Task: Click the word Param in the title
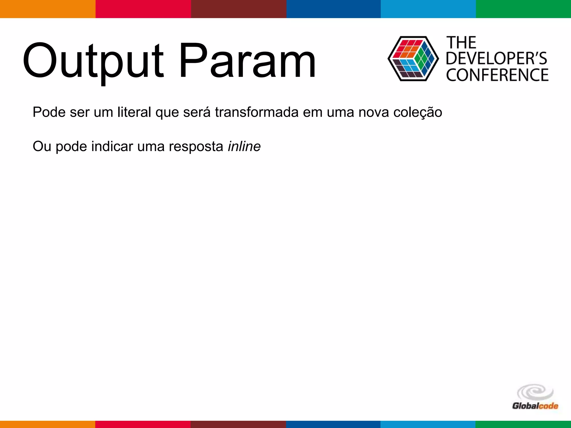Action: pyautogui.click(x=247, y=61)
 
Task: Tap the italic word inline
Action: pyautogui.click(x=244, y=146)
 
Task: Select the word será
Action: pyautogui.click(x=197, y=112)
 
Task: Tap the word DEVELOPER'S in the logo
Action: pyautogui.click(x=497, y=59)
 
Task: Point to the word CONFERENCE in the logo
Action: pyautogui.click(x=497, y=75)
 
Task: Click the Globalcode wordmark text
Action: pyautogui.click(x=535, y=406)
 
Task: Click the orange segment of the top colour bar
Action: pyautogui.click(x=48, y=9)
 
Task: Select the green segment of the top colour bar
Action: pyautogui.click(x=523, y=9)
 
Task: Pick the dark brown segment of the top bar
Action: pyautogui.click(x=239, y=9)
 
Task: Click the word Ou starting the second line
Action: pyautogui.click(x=42, y=146)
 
